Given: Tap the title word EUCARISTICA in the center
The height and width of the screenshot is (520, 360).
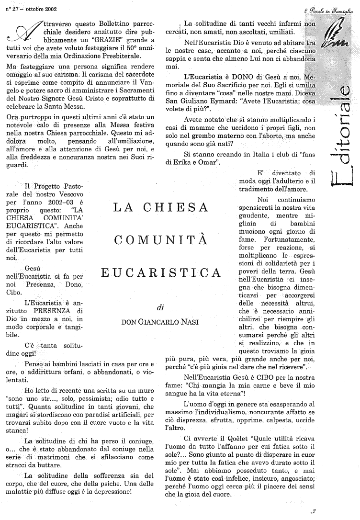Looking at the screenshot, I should [x=161, y=273].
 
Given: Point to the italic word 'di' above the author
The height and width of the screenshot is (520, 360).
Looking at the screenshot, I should [x=160, y=307].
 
